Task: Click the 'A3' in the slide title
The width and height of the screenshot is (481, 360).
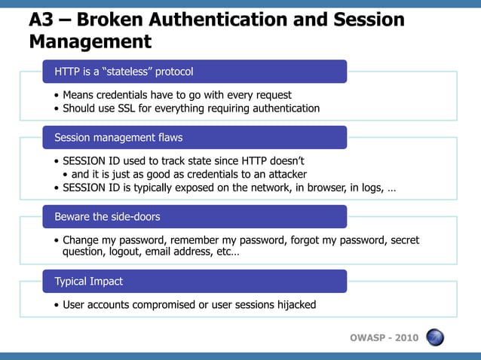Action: coord(41,20)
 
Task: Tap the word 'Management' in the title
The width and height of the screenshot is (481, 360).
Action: coord(90,41)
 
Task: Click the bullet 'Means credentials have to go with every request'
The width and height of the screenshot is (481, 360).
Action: coord(177,95)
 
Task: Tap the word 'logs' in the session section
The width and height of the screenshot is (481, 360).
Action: coord(372,188)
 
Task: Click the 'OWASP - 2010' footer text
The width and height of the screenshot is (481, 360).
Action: coord(384,337)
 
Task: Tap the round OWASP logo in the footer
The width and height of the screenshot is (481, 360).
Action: coord(435,337)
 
